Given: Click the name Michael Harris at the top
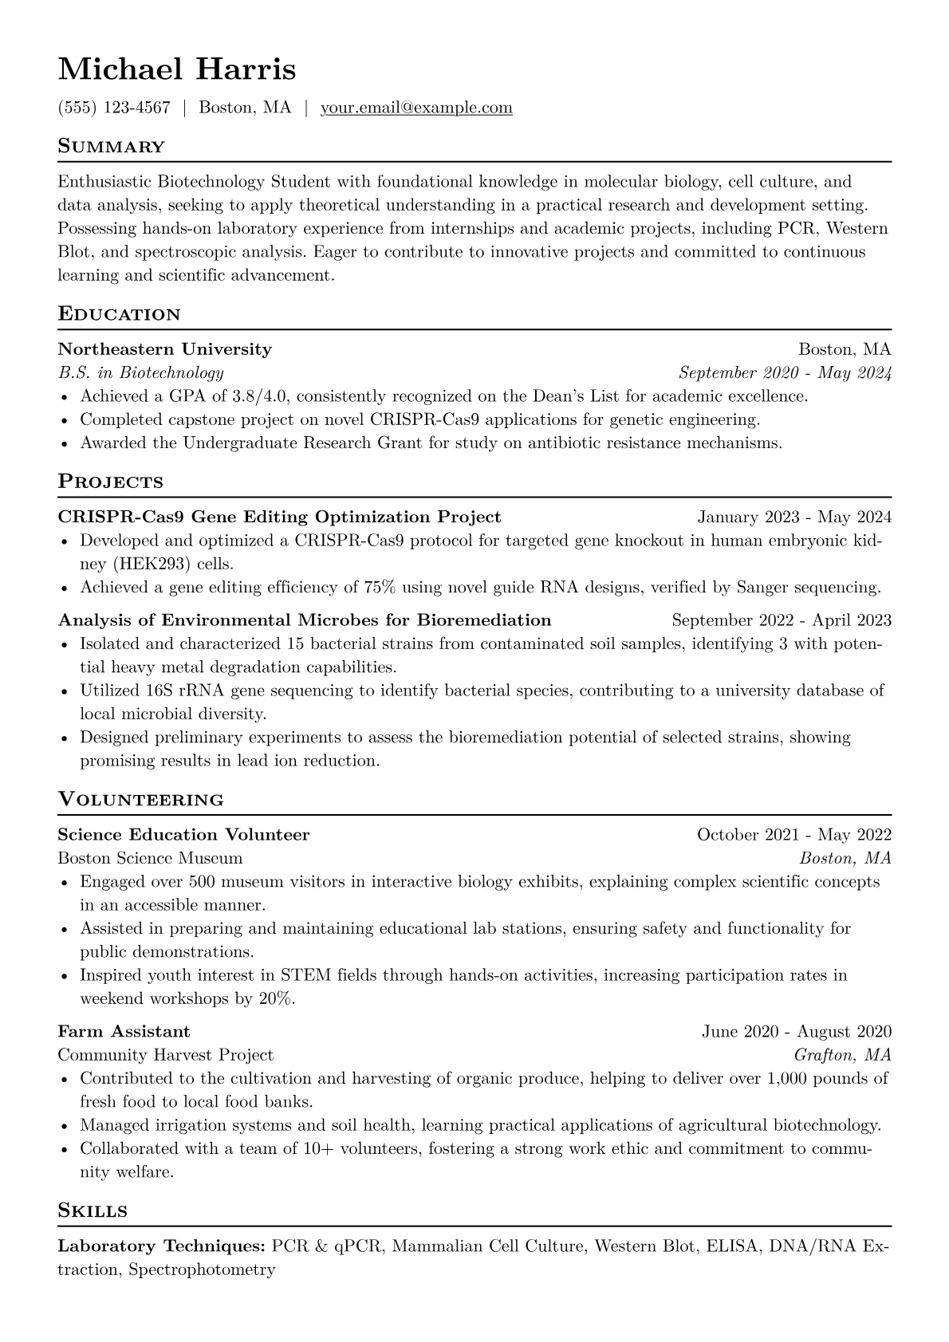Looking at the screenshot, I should [176, 69].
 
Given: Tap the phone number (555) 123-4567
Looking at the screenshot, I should [114, 108].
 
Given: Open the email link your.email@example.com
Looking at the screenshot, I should [416, 108].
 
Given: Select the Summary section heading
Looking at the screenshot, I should [111, 147].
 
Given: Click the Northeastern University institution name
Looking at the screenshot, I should [164, 349].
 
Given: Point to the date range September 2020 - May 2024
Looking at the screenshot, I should [784, 373].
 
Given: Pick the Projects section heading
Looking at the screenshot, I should [110, 482].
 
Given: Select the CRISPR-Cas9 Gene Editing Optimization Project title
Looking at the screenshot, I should [279, 517].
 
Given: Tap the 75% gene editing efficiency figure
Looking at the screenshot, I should [380, 588].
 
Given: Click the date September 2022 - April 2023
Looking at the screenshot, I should [781, 620].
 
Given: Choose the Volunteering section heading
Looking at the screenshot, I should [140, 799].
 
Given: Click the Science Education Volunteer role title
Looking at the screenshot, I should [183, 835].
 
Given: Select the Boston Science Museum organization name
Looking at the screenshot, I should [150, 859].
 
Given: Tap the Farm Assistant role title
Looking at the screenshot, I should [124, 1032].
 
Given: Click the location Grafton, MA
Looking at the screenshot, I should [842, 1056].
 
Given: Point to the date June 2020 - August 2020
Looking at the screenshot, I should [796, 1032].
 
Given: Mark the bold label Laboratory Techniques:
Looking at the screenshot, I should [161, 1246].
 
